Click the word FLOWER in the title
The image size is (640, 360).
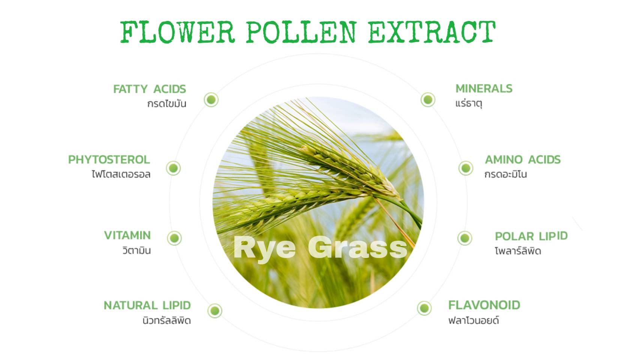(178, 32)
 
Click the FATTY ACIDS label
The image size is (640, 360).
(150, 89)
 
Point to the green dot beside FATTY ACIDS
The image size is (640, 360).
(211, 100)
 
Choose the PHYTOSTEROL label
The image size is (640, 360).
(109, 160)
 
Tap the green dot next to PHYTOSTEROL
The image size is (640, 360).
(173, 168)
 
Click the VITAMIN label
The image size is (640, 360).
(128, 235)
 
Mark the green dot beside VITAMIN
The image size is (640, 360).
(174, 238)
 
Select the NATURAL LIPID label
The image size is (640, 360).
(147, 305)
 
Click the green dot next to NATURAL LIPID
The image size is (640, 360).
(215, 310)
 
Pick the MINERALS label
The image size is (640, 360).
(484, 88)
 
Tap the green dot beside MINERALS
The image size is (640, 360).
(428, 100)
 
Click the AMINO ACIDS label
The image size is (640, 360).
(523, 160)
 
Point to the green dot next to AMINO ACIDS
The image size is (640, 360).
(466, 168)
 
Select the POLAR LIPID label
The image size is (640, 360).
(532, 236)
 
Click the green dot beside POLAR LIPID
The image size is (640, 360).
(465, 238)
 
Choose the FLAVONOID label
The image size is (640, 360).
(484, 305)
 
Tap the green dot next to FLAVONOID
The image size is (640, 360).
(424, 308)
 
